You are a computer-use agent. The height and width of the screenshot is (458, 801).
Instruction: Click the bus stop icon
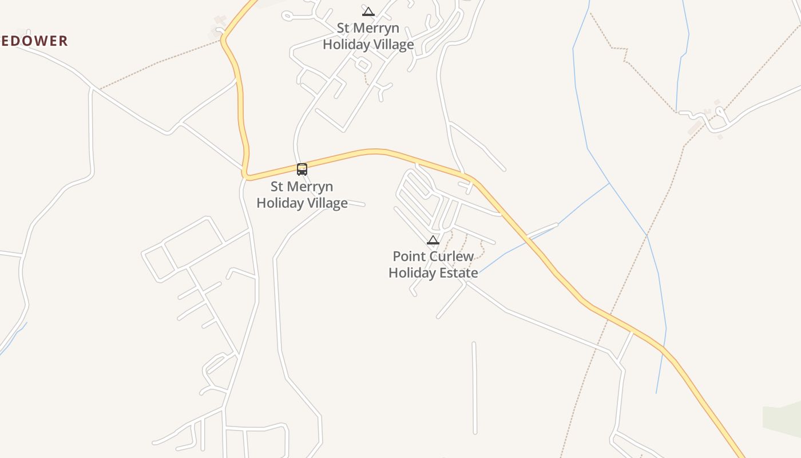click(302, 169)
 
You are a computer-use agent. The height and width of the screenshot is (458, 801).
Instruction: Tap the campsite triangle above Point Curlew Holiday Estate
click(433, 240)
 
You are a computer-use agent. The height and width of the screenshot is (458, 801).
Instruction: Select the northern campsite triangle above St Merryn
click(368, 11)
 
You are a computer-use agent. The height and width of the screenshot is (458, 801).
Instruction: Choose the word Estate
click(459, 273)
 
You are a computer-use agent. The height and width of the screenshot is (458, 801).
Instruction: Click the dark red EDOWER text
click(34, 41)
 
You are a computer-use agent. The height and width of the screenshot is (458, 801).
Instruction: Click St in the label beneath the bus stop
click(277, 187)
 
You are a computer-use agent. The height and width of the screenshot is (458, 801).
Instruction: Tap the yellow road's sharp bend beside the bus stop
click(245, 175)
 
